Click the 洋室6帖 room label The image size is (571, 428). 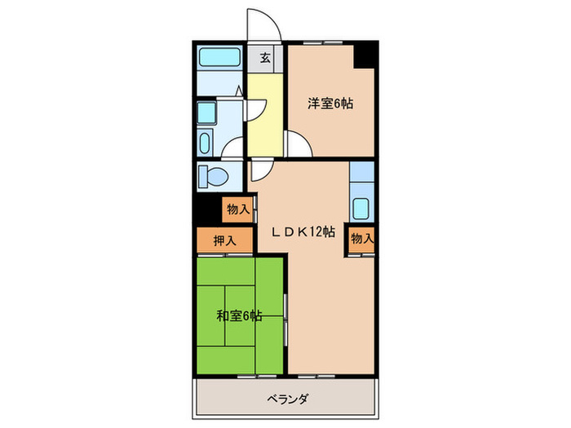(x=330, y=104)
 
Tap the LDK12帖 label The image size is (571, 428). (x=303, y=232)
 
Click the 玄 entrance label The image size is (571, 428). (x=265, y=58)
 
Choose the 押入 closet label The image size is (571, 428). (x=225, y=240)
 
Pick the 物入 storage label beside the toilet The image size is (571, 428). (x=238, y=210)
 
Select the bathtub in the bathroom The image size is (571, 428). (x=219, y=59)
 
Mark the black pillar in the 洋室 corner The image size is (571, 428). (x=363, y=58)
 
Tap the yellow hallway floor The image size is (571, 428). (x=263, y=114)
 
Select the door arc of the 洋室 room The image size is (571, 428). (x=298, y=144)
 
